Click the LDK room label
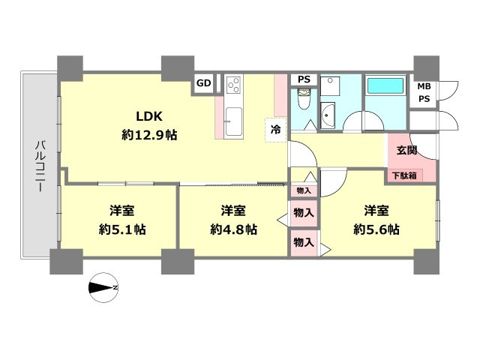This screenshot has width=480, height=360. point(149,116)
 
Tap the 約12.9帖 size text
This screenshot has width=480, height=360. point(149,135)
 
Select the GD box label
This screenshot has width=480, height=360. point(203,83)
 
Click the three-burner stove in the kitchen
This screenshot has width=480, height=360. point(234,85)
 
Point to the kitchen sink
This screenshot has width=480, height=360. point(234,121)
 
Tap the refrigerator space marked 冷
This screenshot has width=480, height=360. point(276,130)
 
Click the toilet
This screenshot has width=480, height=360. point(304,98)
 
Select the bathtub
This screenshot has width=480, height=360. point(385,85)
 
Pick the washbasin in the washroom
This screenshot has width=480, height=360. point(328,115)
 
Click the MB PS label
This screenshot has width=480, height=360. point(424,92)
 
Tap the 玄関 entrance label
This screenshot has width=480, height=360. point(406,150)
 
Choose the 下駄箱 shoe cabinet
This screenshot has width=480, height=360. point(404,175)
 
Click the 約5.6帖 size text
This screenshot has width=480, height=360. point(376,229)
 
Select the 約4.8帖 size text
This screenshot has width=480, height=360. point(233,229)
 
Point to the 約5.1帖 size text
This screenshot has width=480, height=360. point(122,229)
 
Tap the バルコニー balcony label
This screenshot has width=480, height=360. point(40,166)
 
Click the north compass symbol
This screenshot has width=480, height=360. point(103,288)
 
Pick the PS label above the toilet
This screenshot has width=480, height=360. point(304,79)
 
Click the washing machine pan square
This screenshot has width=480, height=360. point(330,86)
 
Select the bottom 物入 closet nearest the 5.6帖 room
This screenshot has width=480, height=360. point(304,243)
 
